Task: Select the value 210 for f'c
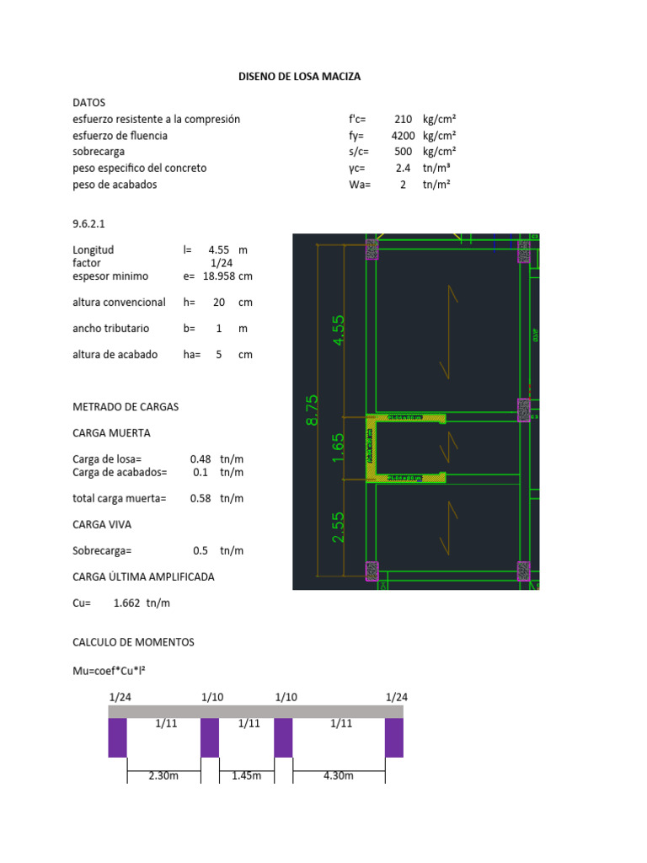point(403,120)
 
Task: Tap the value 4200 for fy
point(401,136)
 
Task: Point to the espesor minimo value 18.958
point(219,276)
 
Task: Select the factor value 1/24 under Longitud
point(221,263)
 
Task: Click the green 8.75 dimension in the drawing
point(313,410)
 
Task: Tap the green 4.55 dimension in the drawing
point(339,330)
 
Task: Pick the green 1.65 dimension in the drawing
point(339,446)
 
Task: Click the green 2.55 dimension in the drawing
point(339,528)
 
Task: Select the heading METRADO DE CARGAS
point(126,406)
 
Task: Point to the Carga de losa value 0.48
point(201,459)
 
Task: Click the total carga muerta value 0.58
point(201,498)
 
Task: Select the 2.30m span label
point(163,775)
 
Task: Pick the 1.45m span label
point(247,775)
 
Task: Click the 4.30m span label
point(339,775)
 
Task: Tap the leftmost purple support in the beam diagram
point(117,737)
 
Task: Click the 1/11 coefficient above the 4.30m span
point(340,723)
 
